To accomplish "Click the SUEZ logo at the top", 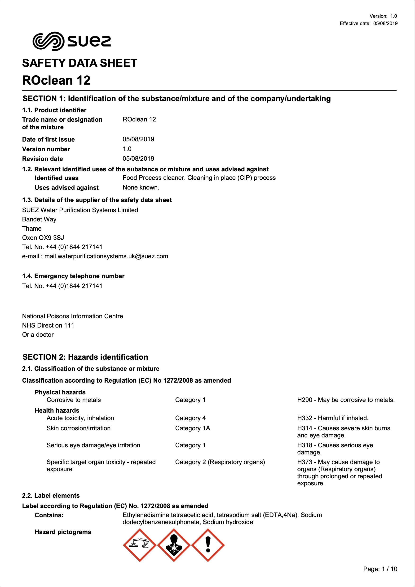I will click(x=71, y=41).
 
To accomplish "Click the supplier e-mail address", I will click(x=106, y=256).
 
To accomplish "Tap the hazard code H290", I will click(x=305, y=400).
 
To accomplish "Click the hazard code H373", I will click(x=305, y=462).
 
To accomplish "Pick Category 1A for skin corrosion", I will click(x=193, y=428).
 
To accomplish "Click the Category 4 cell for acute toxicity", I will click(x=190, y=418).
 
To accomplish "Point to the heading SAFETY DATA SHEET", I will click(x=80, y=63).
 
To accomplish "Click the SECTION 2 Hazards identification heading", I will click(x=85, y=357).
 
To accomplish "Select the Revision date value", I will click(x=138, y=159).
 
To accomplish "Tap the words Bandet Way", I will click(x=39, y=219).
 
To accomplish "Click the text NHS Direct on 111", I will click(x=48, y=325).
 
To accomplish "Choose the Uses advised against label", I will click(x=66, y=188).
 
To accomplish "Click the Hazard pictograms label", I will click(x=63, y=532).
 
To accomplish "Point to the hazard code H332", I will click(x=305, y=418).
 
